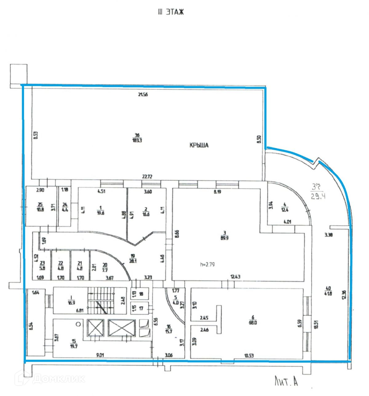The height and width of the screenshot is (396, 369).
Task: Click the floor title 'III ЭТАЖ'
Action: (x=171, y=12)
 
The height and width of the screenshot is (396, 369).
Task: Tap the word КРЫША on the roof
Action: (x=199, y=145)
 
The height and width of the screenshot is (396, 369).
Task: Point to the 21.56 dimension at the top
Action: (x=143, y=95)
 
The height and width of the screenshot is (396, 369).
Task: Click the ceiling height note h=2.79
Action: (x=207, y=264)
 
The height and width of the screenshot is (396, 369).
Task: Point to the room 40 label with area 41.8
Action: (x=328, y=291)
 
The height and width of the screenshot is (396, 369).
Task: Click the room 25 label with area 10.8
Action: (x=40, y=207)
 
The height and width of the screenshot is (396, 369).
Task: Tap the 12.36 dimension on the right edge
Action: (x=344, y=295)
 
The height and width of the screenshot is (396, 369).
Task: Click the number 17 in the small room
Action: (x=141, y=308)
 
